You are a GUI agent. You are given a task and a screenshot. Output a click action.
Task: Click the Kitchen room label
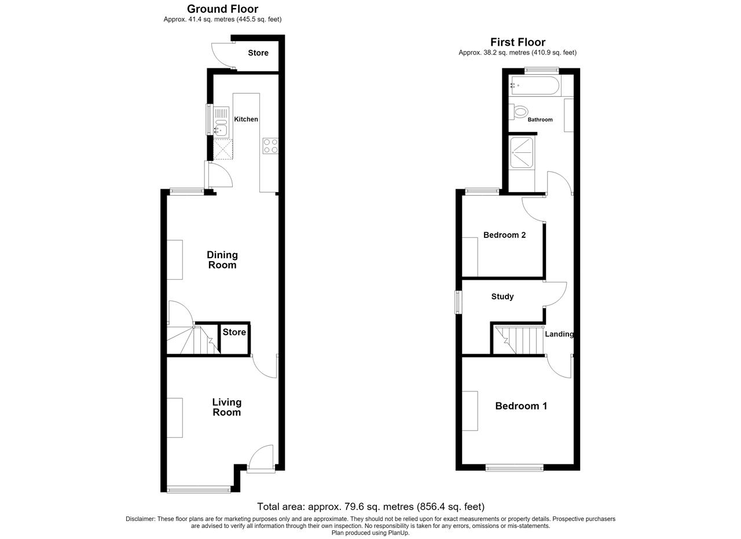click(x=246, y=119)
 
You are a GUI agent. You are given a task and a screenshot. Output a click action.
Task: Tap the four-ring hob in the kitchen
click(x=270, y=146)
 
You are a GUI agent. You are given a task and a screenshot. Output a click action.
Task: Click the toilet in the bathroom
click(x=518, y=112)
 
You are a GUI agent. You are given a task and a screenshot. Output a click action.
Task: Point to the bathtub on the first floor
click(x=534, y=86)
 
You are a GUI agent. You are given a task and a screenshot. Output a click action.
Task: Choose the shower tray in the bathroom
click(x=522, y=152)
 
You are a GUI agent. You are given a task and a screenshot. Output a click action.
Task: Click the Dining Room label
click(x=222, y=260)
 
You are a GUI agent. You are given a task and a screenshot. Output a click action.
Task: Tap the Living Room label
click(x=226, y=407)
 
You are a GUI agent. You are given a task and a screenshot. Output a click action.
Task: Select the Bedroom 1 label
click(x=521, y=406)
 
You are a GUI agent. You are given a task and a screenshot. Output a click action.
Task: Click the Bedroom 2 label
click(x=504, y=235)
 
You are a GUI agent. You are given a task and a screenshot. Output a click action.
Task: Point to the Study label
click(x=502, y=296)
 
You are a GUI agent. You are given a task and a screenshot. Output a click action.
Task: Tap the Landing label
click(x=559, y=334)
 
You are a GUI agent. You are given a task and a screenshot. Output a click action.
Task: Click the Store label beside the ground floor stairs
click(x=234, y=332)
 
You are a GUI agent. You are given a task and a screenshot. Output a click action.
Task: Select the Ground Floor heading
click(x=223, y=9)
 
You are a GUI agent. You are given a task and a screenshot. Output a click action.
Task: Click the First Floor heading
click(x=518, y=42)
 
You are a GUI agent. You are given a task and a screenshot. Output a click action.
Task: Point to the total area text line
click(x=371, y=507)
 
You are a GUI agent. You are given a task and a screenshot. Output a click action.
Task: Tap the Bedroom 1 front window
click(x=515, y=468)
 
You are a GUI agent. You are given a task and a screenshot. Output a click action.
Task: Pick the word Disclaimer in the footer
click(x=140, y=519)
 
